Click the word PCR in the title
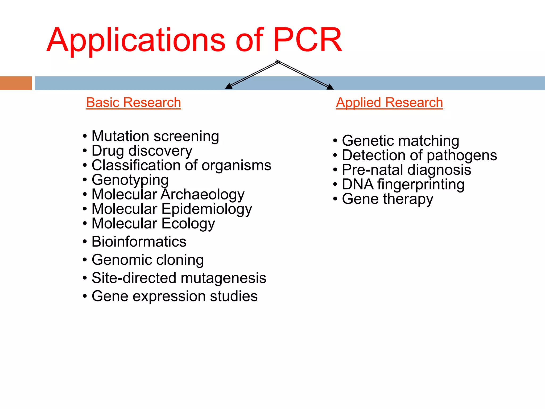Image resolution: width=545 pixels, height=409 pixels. coord(307,40)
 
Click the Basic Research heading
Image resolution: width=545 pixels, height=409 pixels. coord(134,103)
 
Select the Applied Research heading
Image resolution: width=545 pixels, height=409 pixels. coord(389,103)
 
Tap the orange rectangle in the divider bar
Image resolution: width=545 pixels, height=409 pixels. coord(16,83)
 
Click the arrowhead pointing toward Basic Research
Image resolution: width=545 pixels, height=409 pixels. coord(228,86)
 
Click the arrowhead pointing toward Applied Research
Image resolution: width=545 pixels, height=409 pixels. coord(330,87)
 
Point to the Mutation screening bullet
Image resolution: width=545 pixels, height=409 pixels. coord(155,136)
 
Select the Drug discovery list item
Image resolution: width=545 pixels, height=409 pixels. coord(142,151)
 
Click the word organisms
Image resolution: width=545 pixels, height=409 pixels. coord(236,165)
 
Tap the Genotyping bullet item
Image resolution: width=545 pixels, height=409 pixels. coord(130,180)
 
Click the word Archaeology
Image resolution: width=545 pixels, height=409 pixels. coord(203,194)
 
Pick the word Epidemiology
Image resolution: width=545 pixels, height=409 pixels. coord(207,209)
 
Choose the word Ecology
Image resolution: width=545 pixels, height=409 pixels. coord(188,224)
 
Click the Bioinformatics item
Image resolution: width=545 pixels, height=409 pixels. coord(139,242)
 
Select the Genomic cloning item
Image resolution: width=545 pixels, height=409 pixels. coord(148,260)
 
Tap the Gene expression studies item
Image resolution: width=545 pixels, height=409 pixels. coord(175,296)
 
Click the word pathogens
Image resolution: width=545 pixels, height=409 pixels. coord(462,156)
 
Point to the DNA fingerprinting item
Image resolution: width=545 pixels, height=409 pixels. coord(403,185)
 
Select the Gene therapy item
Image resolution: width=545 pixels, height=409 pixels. coord(387,199)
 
